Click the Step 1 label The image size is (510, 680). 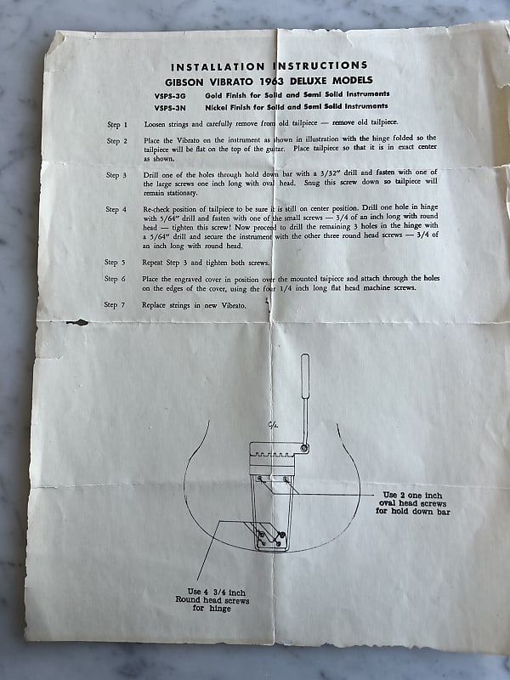[x=117, y=124]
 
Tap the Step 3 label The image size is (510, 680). [x=116, y=175]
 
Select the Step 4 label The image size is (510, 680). [x=116, y=209]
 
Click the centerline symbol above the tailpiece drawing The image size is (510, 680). [x=271, y=428]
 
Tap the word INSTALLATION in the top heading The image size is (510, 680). [x=218, y=65]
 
